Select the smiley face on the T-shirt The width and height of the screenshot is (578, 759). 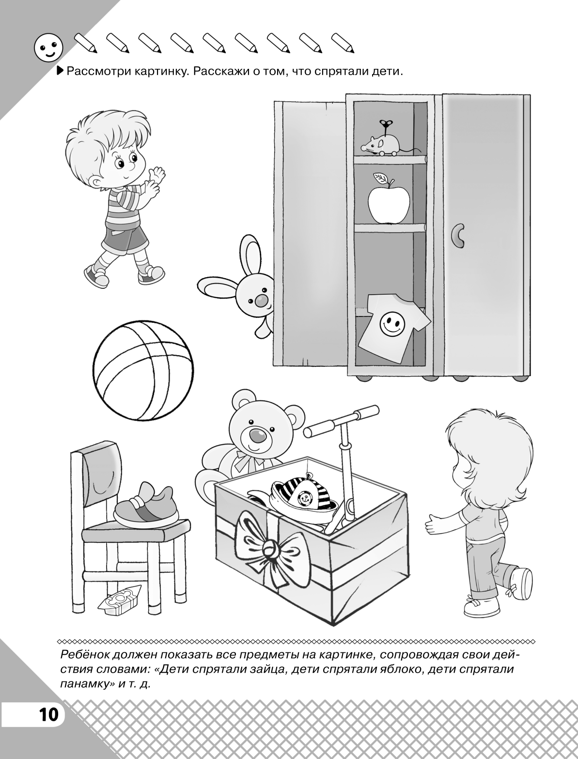click(x=392, y=323)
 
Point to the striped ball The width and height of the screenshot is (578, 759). click(x=143, y=370)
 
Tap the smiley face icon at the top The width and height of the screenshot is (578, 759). click(x=49, y=47)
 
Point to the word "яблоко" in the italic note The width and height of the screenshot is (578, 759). click(x=391, y=669)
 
